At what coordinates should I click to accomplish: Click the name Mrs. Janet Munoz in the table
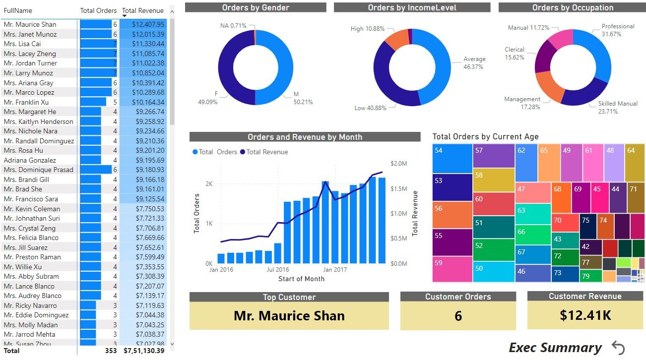point(30,34)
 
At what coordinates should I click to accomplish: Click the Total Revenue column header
point(142,10)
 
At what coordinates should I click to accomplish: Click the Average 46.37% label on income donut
point(474,62)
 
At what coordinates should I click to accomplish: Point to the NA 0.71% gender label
point(233,25)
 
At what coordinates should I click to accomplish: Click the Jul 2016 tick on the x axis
point(278,270)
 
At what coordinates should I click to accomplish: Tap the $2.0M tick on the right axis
point(399,164)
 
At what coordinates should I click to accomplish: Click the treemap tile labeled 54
point(452,158)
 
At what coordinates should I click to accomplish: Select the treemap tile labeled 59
point(452,269)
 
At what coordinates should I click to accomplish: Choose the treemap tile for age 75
point(587,226)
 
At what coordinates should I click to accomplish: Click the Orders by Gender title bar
point(256,7)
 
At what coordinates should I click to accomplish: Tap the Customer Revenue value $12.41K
point(585,315)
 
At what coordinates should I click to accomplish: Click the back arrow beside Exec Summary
point(618,348)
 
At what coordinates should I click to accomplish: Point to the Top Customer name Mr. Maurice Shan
point(289,316)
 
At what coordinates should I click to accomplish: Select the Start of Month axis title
point(301,279)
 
